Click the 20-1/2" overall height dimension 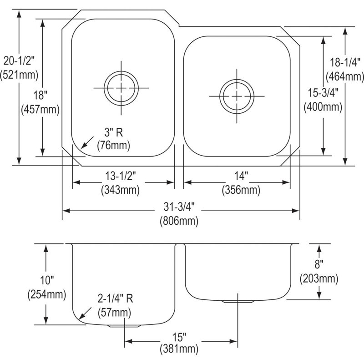(x=19, y=61)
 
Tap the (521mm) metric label (x=19, y=75)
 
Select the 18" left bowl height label (x=40, y=95)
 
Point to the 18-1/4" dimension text (x=345, y=62)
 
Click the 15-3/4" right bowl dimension (x=323, y=93)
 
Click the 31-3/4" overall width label (x=179, y=207)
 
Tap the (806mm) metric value (x=179, y=221)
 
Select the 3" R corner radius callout (x=113, y=132)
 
